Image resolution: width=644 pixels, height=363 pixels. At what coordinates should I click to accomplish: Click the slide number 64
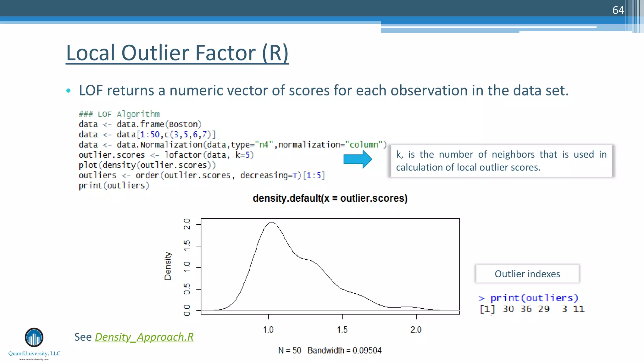[x=618, y=10]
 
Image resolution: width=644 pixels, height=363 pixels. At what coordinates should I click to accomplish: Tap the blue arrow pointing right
[x=358, y=159]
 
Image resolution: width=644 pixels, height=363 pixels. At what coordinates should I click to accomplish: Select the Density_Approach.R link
[x=144, y=337]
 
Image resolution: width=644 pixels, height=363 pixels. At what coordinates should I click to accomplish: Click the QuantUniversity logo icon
[x=34, y=337]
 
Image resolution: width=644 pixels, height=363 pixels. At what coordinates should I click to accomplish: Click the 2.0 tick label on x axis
[x=416, y=330]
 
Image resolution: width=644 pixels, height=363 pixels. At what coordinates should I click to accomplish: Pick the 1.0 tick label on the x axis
[x=268, y=330]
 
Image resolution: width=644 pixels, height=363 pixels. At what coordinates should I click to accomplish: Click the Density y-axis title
[x=168, y=266]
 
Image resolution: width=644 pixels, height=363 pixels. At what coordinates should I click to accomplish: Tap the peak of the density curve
[x=272, y=222]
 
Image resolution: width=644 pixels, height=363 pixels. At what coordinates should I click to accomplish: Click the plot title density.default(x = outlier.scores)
[x=330, y=198]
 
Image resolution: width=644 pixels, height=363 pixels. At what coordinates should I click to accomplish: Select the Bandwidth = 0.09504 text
[x=344, y=350]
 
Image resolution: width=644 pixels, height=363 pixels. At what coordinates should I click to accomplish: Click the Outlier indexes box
[x=527, y=274]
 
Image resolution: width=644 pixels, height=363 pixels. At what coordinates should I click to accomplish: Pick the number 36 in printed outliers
[x=526, y=309]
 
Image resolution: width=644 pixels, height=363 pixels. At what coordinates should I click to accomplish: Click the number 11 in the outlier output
[x=579, y=309]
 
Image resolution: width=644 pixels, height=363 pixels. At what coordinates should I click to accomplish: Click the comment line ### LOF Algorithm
[x=119, y=114]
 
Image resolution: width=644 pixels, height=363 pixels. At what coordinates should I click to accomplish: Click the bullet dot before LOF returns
[x=69, y=91]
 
